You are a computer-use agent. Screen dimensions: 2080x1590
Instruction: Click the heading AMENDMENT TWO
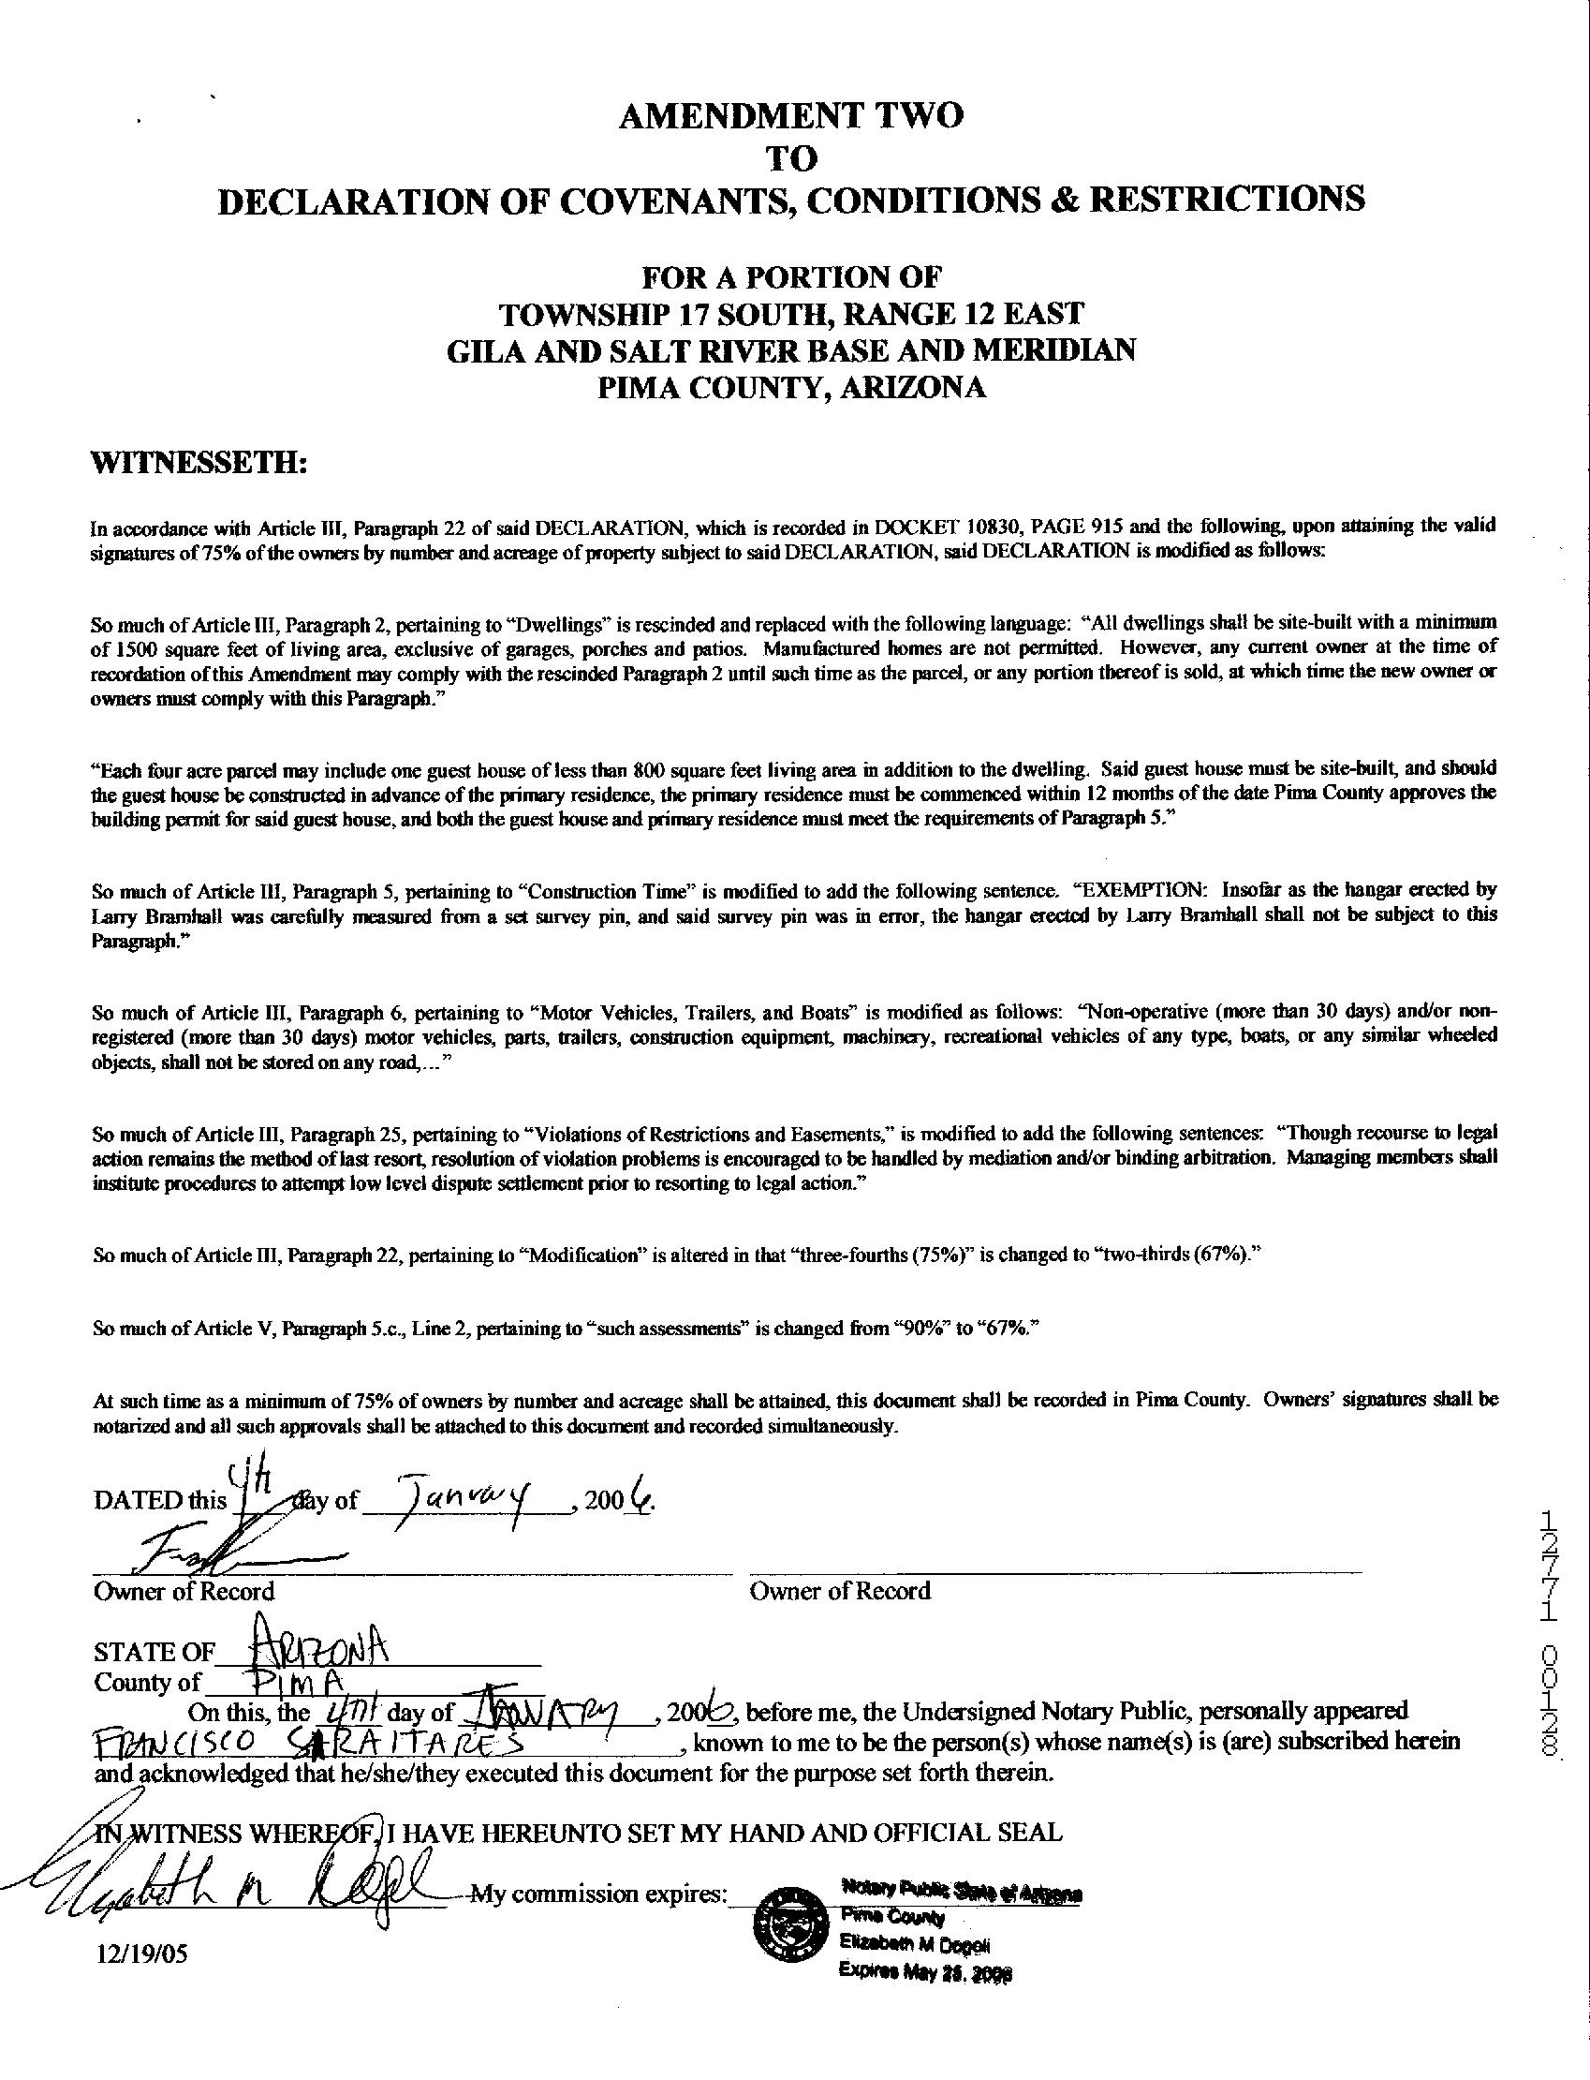(x=790, y=115)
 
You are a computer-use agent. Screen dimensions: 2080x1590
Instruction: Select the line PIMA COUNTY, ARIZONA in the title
(x=790, y=388)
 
